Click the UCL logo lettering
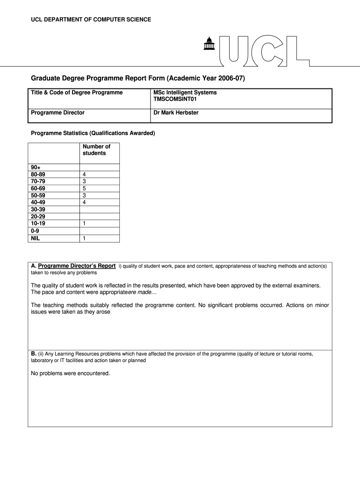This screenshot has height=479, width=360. [264, 50]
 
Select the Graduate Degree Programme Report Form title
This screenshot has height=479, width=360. [138, 78]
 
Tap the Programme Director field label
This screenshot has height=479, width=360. [58, 113]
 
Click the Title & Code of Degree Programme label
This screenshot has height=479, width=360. [77, 93]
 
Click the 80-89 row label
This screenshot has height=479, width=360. [38, 174]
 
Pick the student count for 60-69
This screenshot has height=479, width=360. [84, 188]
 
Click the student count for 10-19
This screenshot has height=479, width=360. [84, 224]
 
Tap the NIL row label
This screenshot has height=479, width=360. [36, 238]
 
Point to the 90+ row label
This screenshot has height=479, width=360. [36, 167]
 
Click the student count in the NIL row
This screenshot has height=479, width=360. [84, 238]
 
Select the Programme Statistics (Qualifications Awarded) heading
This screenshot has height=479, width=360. [93, 133]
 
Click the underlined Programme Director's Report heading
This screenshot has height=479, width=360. [77, 266]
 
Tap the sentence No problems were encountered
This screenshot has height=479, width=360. [70, 373]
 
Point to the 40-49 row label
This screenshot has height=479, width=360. [38, 202]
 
